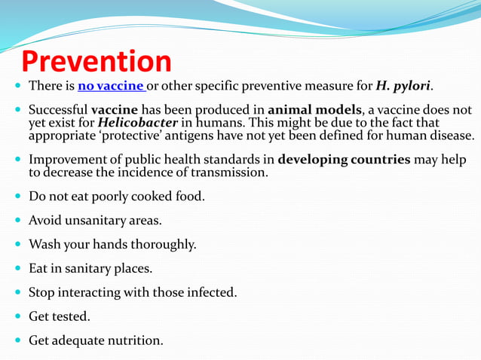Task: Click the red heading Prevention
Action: [x=96, y=62]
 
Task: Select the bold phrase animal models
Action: [x=310, y=110]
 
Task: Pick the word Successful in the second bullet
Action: [x=57, y=110]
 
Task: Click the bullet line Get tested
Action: [x=59, y=316]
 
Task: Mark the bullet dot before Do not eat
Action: [x=18, y=197]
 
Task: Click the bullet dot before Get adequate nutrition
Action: [x=18, y=340]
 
